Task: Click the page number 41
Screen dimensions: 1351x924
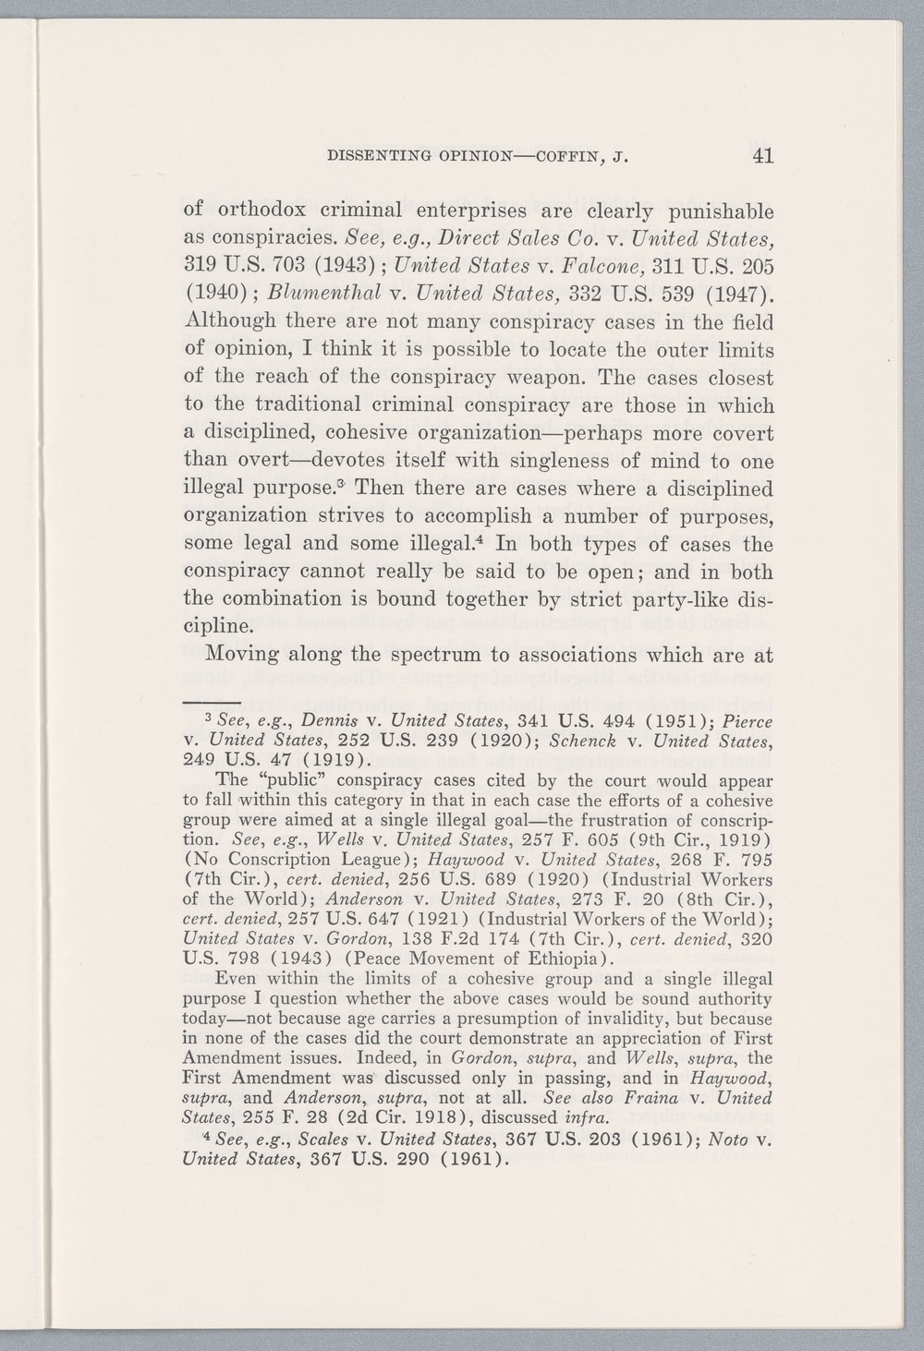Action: point(762,156)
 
